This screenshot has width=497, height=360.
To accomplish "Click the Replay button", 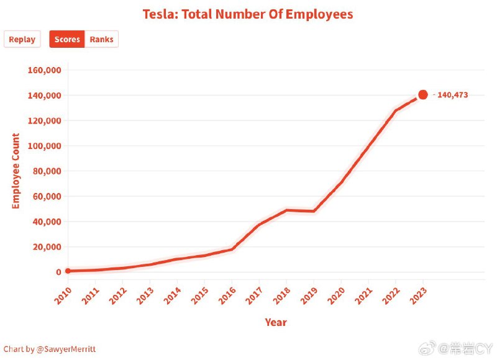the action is tap(22, 39).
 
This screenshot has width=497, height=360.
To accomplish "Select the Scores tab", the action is tap(67, 39).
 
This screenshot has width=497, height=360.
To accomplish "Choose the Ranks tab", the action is tap(101, 39).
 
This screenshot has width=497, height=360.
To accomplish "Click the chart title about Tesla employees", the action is tap(248, 14).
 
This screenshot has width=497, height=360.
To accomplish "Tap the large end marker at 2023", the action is tap(423, 95).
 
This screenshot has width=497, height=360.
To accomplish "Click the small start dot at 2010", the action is tap(68, 271).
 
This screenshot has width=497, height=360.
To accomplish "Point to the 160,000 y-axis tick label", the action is tap(44, 70).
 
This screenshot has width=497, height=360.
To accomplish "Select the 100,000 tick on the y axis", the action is tap(44, 146).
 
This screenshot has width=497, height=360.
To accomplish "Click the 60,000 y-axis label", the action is tap(47, 196).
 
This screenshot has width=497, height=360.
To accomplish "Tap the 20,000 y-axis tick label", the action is tap(47, 247).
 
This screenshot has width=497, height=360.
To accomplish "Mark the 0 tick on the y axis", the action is tap(58, 272).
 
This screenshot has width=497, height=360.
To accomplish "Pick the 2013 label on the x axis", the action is tap(145, 295).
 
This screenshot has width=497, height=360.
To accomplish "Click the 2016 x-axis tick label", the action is tap(227, 295).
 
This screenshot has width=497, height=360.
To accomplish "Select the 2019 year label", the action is tap(309, 295).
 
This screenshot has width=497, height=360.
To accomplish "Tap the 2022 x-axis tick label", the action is tap(391, 295).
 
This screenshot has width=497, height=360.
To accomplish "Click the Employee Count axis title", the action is tap(16, 171).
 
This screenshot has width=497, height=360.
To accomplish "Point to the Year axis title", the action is tap(276, 322).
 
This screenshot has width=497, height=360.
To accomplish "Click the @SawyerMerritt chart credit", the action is tap(50, 349).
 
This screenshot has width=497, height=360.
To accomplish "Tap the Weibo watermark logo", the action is tap(427, 349).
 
